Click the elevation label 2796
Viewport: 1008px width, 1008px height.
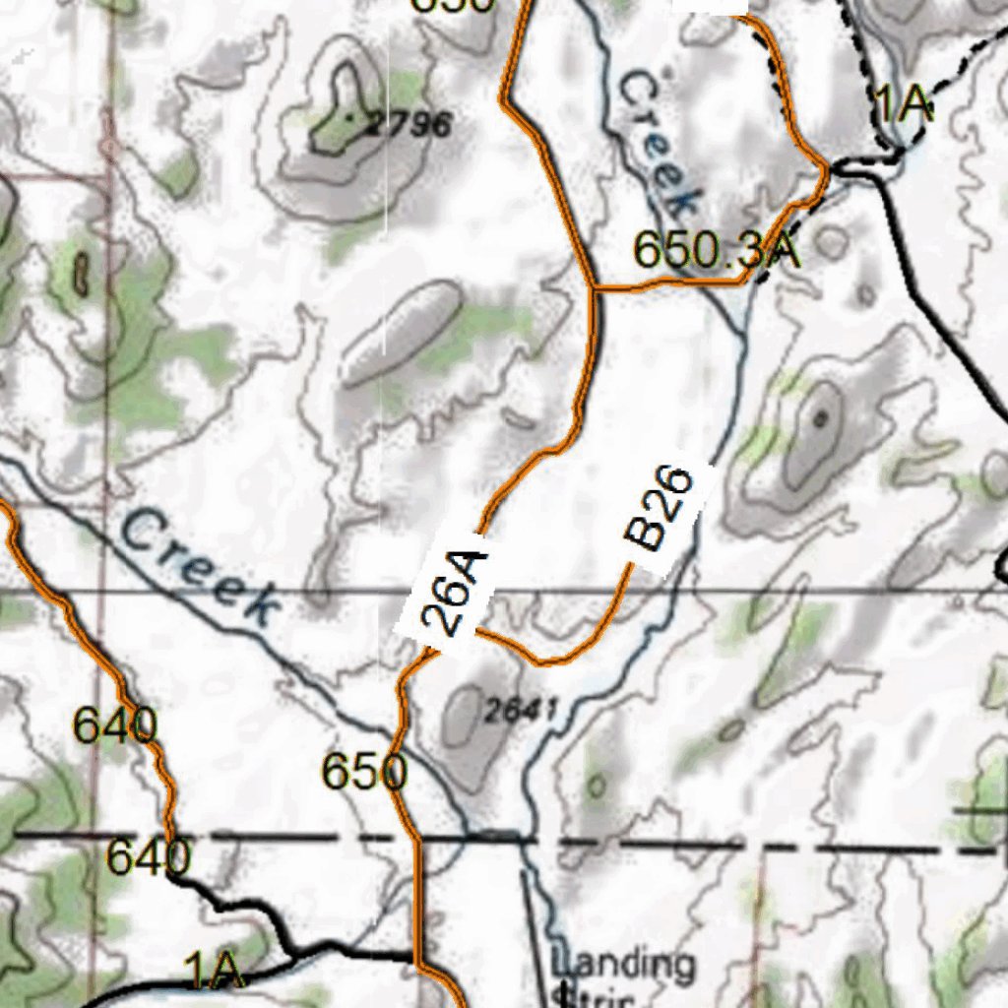click(409, 125)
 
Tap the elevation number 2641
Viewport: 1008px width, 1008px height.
click(522, 709)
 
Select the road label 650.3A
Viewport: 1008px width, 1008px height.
click(716, 250)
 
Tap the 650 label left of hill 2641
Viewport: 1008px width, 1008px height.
click(364, 773)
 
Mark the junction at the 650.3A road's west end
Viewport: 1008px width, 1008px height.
click(595, 289)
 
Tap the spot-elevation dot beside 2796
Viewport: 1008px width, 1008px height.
click(351, 116)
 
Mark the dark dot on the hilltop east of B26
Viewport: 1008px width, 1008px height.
click(819, 418)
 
